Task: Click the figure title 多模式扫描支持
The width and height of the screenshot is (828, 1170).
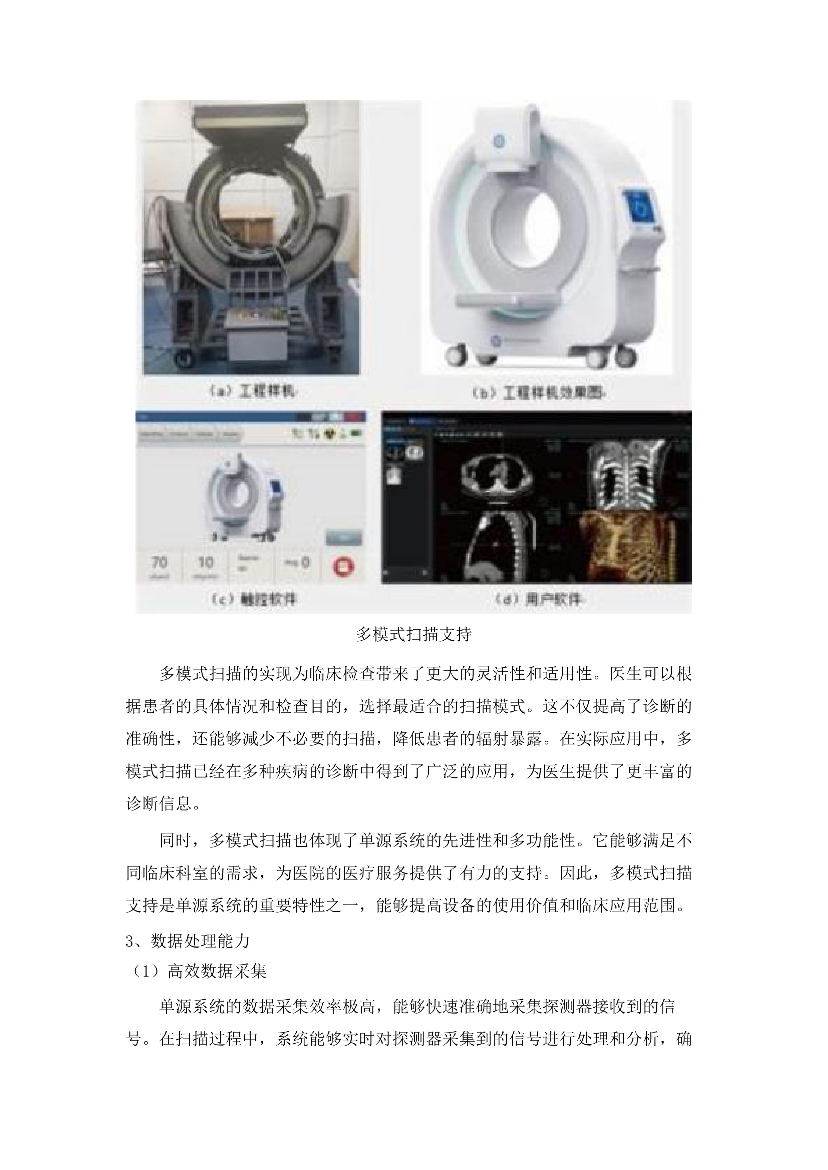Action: [413, 634]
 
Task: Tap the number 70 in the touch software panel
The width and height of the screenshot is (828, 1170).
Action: [160, 563]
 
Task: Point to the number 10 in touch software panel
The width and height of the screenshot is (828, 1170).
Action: [206, 563]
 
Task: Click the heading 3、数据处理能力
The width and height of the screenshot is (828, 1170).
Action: [188, 941]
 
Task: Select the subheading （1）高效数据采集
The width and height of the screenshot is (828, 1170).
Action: [197, 972]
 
